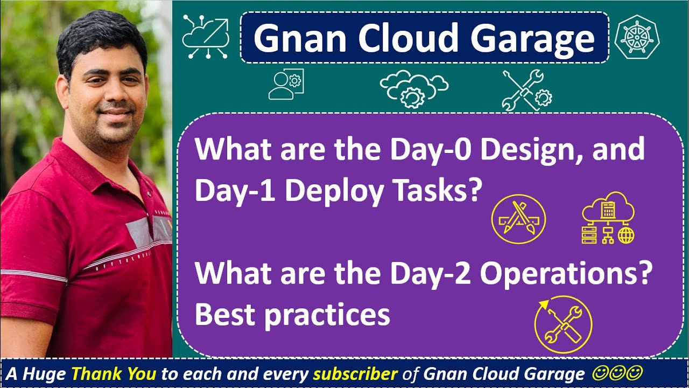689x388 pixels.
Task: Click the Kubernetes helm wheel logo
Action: [639, 36]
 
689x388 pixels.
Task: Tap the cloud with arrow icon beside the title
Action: [206, 36]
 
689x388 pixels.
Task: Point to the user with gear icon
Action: [286, 85]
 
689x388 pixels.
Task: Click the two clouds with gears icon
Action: [413, 87]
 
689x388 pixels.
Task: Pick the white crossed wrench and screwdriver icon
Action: [526, 91]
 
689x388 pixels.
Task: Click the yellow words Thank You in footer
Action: [114, 373]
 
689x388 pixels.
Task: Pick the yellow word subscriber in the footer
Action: [355, 373]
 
